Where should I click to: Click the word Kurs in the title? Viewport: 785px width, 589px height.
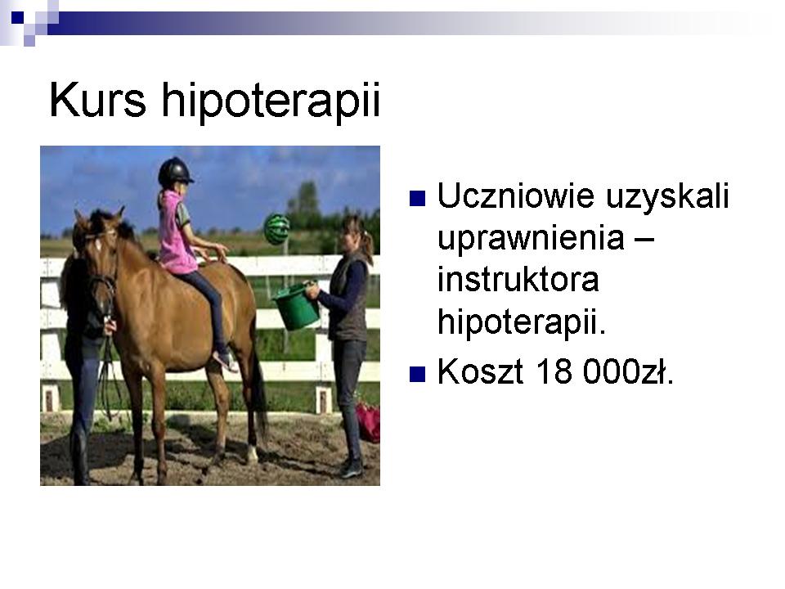(98, 100)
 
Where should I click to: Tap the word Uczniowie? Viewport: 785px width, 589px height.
(516, 196)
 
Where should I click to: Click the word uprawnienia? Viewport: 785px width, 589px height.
(531, 240)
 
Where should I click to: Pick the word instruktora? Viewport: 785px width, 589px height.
(518, 279)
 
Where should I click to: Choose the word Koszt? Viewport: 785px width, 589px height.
(481, 371)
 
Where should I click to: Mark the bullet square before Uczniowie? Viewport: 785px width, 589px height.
(418, 198)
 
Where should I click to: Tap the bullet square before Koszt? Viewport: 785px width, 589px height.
(418, 374)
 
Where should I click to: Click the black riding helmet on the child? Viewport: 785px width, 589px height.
(175, 172)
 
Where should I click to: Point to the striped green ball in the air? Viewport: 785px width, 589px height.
(277, 229)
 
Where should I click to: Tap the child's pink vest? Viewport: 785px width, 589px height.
(176, 233)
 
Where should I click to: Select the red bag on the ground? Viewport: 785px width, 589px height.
(368, 422)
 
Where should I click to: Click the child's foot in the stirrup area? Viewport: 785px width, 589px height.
(226, 361)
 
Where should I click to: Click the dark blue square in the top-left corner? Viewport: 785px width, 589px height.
(17, 18)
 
